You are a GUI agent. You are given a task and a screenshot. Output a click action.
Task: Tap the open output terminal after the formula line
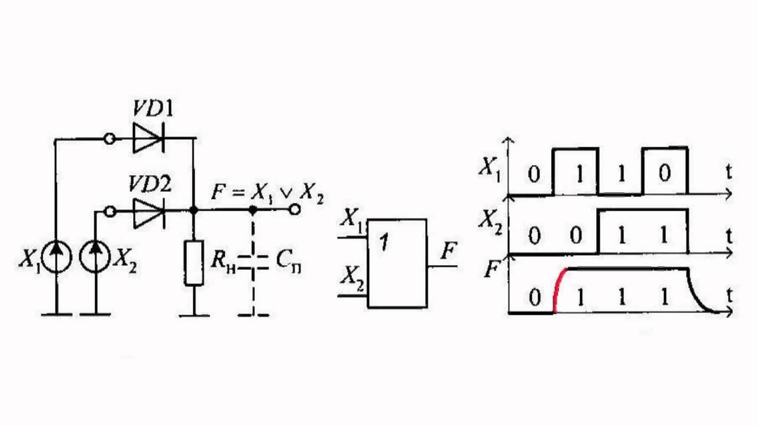tap(294, 210)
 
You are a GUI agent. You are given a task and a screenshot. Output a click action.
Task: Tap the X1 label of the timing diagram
tap(490, 170)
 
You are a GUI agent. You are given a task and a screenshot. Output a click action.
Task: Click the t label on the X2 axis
tap(729, 236)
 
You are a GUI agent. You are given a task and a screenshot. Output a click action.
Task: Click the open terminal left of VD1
tap(109, 140)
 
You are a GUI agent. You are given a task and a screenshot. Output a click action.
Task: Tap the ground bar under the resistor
tap(194, 315)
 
